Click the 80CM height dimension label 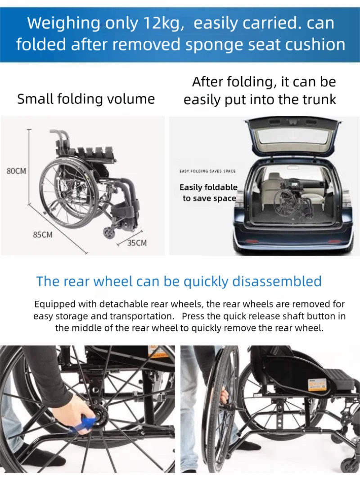tap(16, 171)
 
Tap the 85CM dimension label tap(43, 235)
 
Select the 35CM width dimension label tap(137, 243)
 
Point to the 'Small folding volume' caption tap(85, 99)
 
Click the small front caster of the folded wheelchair tap(109, 232)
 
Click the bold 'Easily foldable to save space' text tap(209, 192)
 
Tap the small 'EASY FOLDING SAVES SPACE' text tap(207, 171)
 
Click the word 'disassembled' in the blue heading tap(277, 281)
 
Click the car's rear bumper tap(292, 245)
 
